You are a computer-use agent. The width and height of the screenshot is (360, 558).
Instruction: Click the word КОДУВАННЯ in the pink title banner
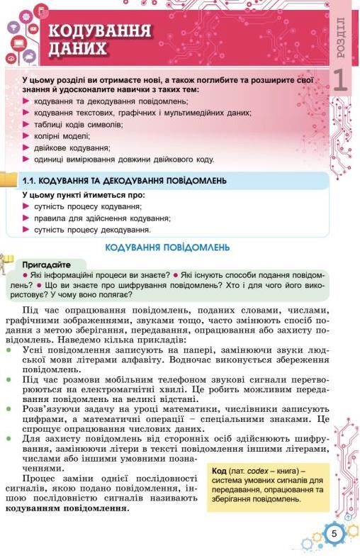(x=99, y=31)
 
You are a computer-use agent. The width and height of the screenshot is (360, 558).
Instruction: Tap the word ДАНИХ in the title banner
(x=78, y=49)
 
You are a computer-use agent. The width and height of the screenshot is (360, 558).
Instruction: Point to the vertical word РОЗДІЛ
(x=342, y=39)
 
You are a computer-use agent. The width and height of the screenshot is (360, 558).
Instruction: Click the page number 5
(x=333, y=533)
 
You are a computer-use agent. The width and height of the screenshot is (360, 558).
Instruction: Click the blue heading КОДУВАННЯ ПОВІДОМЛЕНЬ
(x=167, y=247)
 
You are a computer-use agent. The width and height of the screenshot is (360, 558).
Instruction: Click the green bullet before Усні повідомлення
(x=9, y=350)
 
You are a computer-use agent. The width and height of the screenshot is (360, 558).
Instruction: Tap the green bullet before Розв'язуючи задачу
(x=9, y=409)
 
